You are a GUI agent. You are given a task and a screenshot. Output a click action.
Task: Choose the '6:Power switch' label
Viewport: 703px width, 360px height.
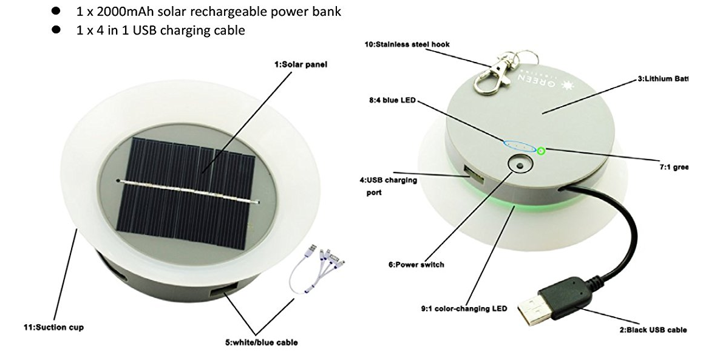coord(416,264)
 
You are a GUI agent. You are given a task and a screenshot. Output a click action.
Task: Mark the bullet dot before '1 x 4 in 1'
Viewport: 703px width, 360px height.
coord(56,30)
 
